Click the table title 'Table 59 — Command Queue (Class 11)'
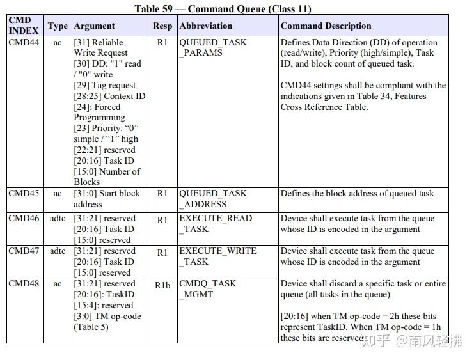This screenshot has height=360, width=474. (x=223, y=9)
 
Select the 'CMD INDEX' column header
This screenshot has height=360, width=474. (x=24, y=26)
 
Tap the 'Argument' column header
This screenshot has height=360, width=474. (x=95, y=26)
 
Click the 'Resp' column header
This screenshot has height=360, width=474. (x=162, y=26)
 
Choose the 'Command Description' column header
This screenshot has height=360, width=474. (x=326, y=26)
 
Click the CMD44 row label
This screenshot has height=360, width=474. (x=24, y=42)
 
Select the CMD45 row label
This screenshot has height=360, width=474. (x=24, y=193)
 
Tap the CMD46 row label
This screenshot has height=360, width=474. (x=24, y=218)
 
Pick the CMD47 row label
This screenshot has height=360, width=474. (x=24, y=251)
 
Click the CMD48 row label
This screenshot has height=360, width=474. (x=24, y=283)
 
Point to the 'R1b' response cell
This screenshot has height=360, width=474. (x=162, y=285)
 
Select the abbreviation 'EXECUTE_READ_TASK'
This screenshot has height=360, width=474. (x=216, y=223)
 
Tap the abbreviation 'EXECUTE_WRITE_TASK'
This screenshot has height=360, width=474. (x=217, y=256)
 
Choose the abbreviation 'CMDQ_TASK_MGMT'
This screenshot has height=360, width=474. (x=207, y=288)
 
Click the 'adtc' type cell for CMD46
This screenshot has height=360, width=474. (x=58, y=218)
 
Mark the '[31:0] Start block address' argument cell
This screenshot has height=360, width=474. (x=106, y=198)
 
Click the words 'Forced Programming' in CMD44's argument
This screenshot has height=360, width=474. (x=102, y=112)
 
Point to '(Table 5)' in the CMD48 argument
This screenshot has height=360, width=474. (x=91, y=327)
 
